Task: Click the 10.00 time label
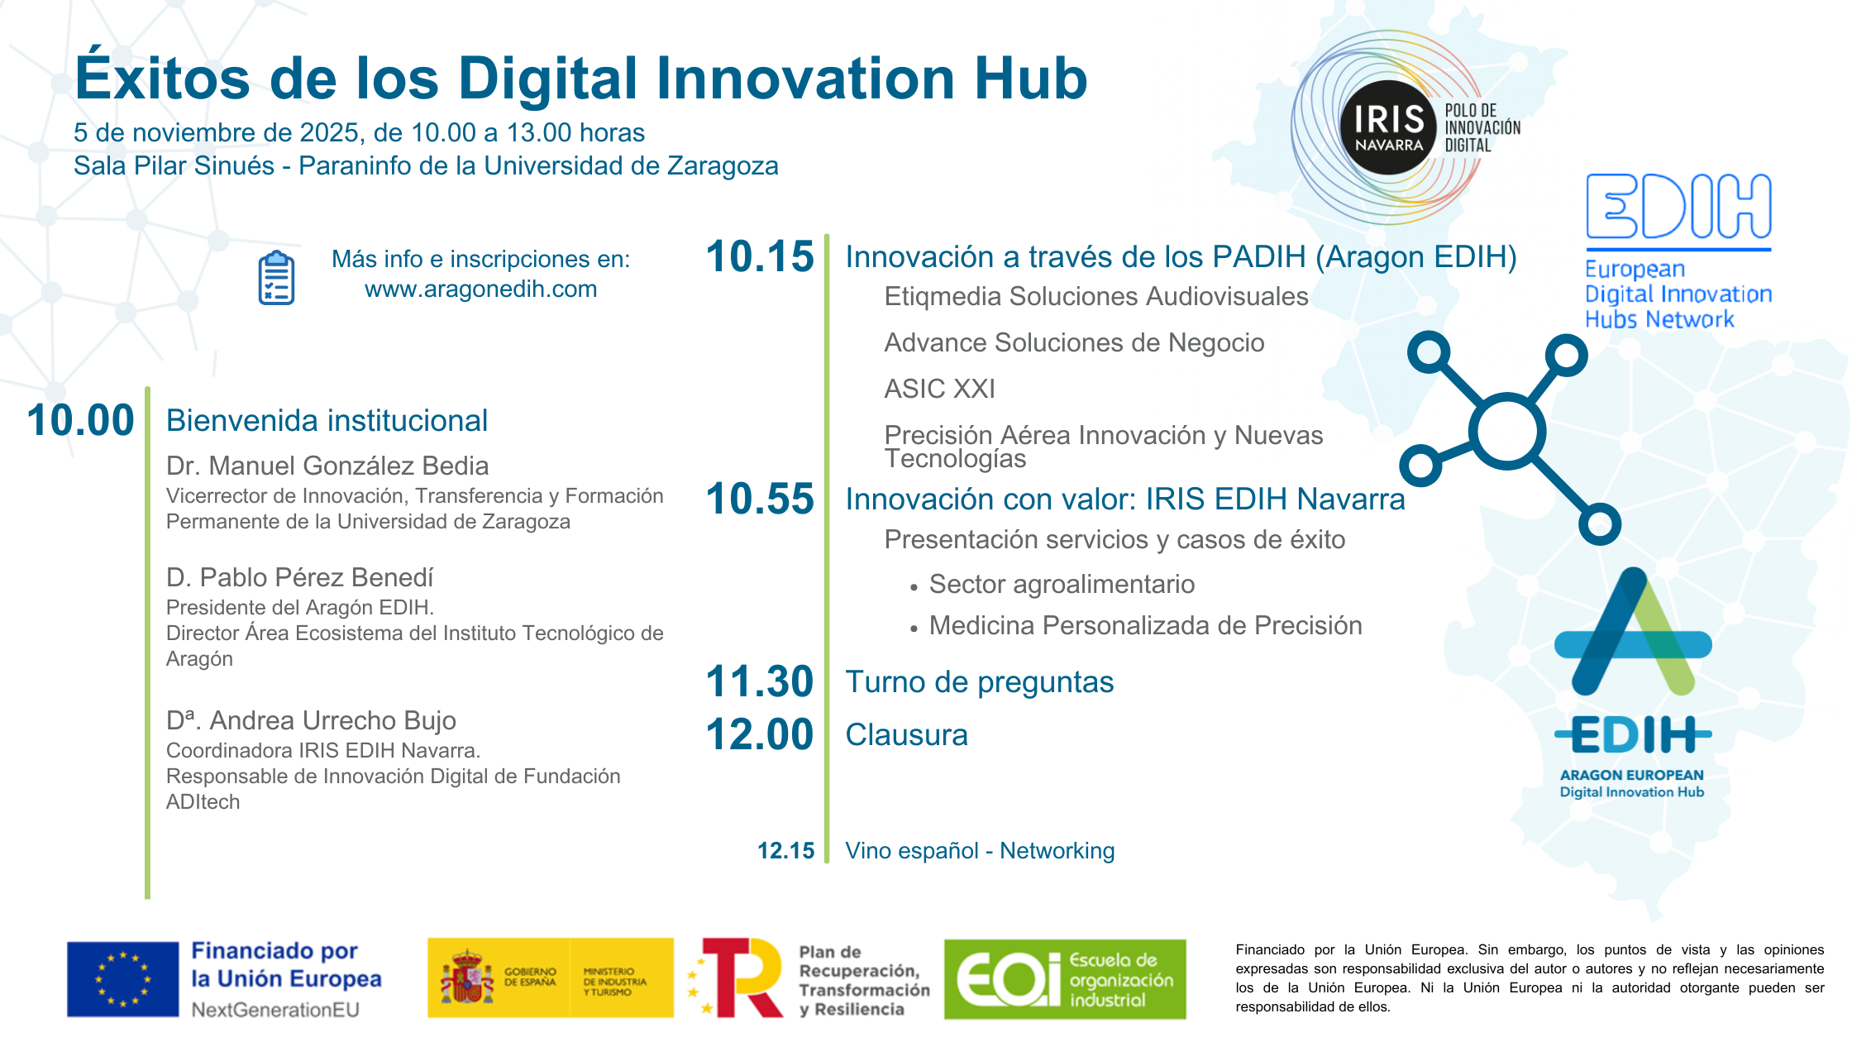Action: (80, 420)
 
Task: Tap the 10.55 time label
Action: (760, 499)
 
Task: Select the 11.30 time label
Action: (760, 681)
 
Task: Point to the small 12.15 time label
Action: (785, 851)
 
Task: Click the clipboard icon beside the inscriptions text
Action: (276, 278)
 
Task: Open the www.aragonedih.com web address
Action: (480, 289)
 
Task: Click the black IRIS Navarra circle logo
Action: (1389, 127)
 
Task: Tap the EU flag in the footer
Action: (123, 979)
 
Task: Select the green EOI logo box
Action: (1065, 979)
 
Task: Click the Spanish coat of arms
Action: (467, 977)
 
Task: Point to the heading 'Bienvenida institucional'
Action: (327, 421)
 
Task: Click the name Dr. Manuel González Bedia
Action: (327, 466)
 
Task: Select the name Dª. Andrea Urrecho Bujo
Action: (311, 720)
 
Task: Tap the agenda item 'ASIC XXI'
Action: (939, 389)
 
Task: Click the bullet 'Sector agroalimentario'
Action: (1062, 585)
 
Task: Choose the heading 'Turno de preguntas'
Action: (979, 682)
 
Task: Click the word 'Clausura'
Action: (906, 735)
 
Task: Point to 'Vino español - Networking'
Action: (980, 851)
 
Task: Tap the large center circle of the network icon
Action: (1507, 431)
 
